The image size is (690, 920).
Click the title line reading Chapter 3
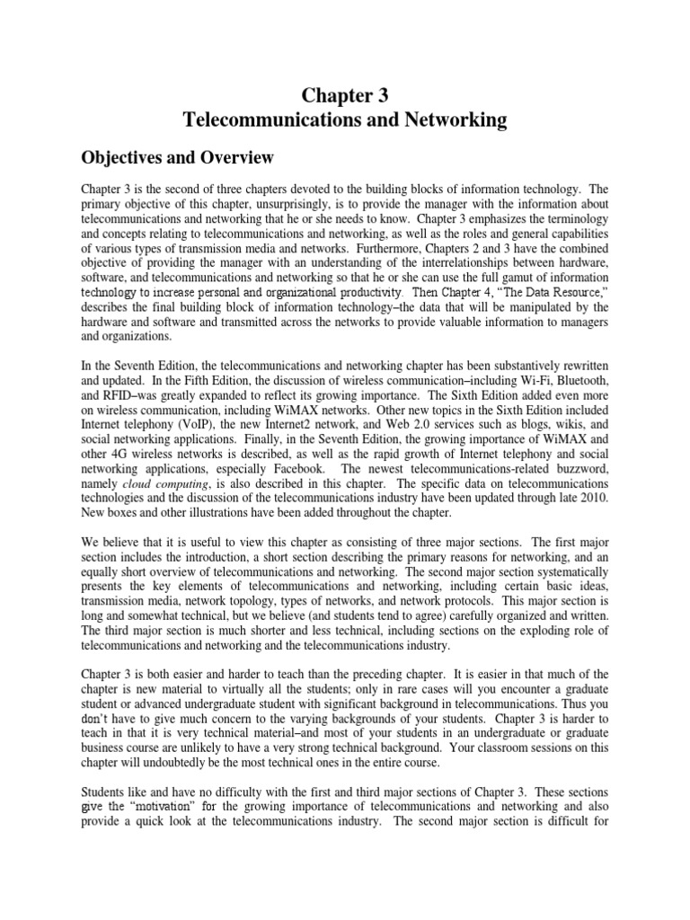[x=345, y=94]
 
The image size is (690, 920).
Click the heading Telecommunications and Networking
[x=345, y=119]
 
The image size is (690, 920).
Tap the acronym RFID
[x=124, y=394]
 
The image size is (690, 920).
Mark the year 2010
[x=592, y=494]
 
